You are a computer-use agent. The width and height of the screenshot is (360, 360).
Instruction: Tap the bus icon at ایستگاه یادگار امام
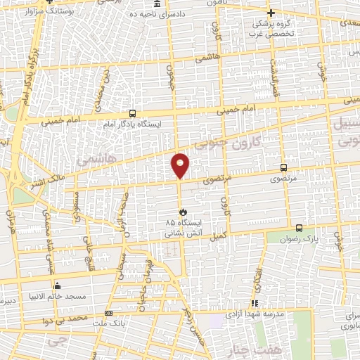tap(132, 113)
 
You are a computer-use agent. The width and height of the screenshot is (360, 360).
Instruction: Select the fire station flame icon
tap(184, 211)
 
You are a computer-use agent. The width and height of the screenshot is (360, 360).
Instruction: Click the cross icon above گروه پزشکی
tap(271, 13)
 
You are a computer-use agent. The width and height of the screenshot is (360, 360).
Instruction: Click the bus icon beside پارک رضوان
tap(300, 229)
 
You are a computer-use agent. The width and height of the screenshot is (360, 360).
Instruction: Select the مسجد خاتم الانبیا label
tap(58, 297)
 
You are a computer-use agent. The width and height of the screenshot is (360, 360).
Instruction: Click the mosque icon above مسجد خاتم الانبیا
tap(57, 285)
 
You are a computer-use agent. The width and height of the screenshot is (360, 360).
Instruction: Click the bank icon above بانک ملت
tap(108, 313)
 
